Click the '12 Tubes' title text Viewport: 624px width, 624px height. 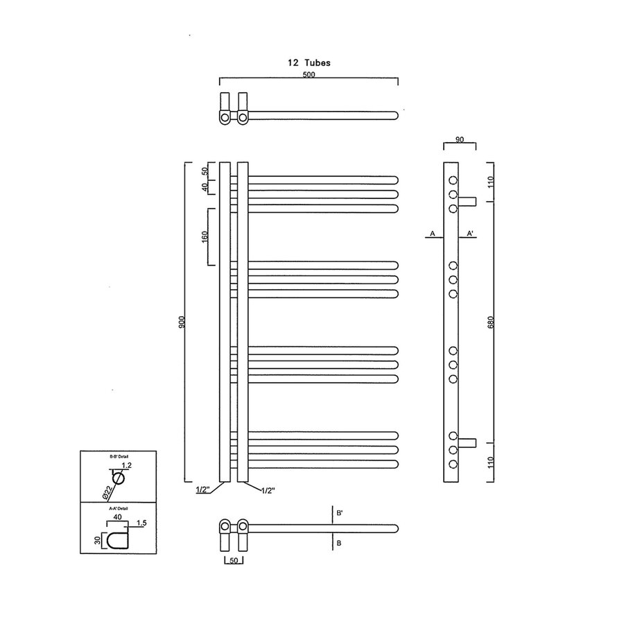click(x=309, y=62)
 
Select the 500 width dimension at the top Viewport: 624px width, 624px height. click(x=309, y=75)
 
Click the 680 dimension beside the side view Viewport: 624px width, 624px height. click(x=491, y=322)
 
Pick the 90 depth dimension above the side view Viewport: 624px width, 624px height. click(x=459, y=139)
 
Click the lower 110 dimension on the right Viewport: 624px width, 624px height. click(x=491, y=462)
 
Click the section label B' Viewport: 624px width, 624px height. click(x=340, y=514)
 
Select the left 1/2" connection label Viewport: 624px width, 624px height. click(x=203, y=490)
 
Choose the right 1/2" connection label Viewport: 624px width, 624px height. click(x=268, y=490)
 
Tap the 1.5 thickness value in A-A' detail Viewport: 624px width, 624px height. click(x=141, y=522)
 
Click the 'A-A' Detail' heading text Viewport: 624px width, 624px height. click(x=120, y=508)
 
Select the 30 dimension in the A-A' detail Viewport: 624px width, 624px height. click(x=98, y=540)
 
